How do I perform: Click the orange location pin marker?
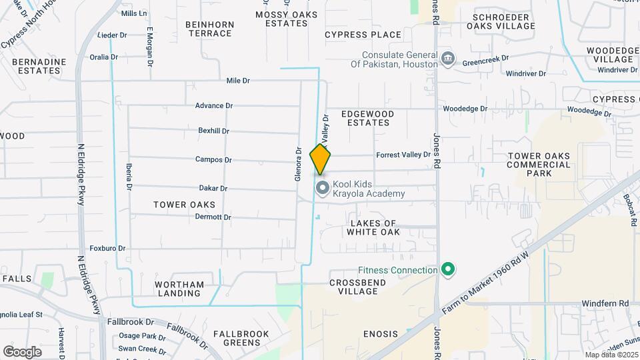coord(321,159)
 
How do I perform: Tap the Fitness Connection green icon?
coord(449,270)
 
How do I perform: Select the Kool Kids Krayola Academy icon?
coord(323,189)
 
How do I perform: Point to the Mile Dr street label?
coord(238,81)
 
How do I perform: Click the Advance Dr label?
coord(213,106)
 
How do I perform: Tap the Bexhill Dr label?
coord(213,131)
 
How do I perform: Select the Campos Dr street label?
coord(213,160)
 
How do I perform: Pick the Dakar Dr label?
coord(213,189)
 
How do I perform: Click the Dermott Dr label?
coord(213,217)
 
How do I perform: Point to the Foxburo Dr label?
coord(107,249)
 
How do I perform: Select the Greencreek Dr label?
coord(485,59)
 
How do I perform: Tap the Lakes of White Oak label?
coord(373,227)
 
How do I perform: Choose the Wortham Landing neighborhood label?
coord(179,289)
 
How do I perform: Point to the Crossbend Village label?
coord(357,287)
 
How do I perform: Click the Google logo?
coord(22,351)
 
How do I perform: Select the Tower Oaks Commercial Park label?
coord(539,164)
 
